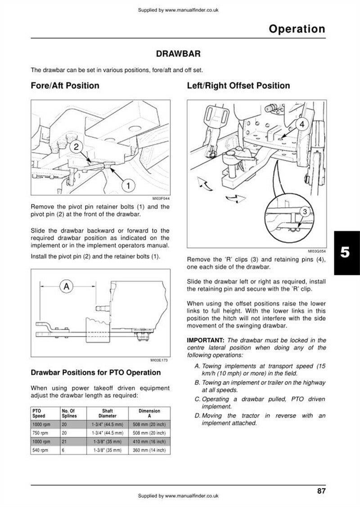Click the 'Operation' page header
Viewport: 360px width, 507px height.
(x=297, y=29)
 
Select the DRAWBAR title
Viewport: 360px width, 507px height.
(x=178, y=54)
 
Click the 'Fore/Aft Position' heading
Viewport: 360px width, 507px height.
(x=65, y=85)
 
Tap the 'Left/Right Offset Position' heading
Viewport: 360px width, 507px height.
(x=238, y=85)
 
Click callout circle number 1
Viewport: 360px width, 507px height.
(x=128, y=185)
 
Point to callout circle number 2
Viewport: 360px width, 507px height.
(x=76, y=147)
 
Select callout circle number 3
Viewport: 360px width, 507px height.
(x=305, y=212)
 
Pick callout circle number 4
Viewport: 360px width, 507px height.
(x=301, y=124)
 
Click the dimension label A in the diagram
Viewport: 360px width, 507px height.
(x=67, y=287)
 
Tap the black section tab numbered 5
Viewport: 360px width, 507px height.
(x=345, y=252)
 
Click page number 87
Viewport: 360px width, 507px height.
(x=321, y=491)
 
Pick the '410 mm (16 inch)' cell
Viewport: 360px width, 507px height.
(x=149, y=442)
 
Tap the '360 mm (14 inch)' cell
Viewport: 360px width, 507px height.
(x=149, y=450)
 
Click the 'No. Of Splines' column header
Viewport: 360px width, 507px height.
(x=69, y=413)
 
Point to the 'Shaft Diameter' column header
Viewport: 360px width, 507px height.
(x=107, y=413)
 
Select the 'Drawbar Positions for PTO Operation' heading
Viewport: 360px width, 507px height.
(x=95, y=372)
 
